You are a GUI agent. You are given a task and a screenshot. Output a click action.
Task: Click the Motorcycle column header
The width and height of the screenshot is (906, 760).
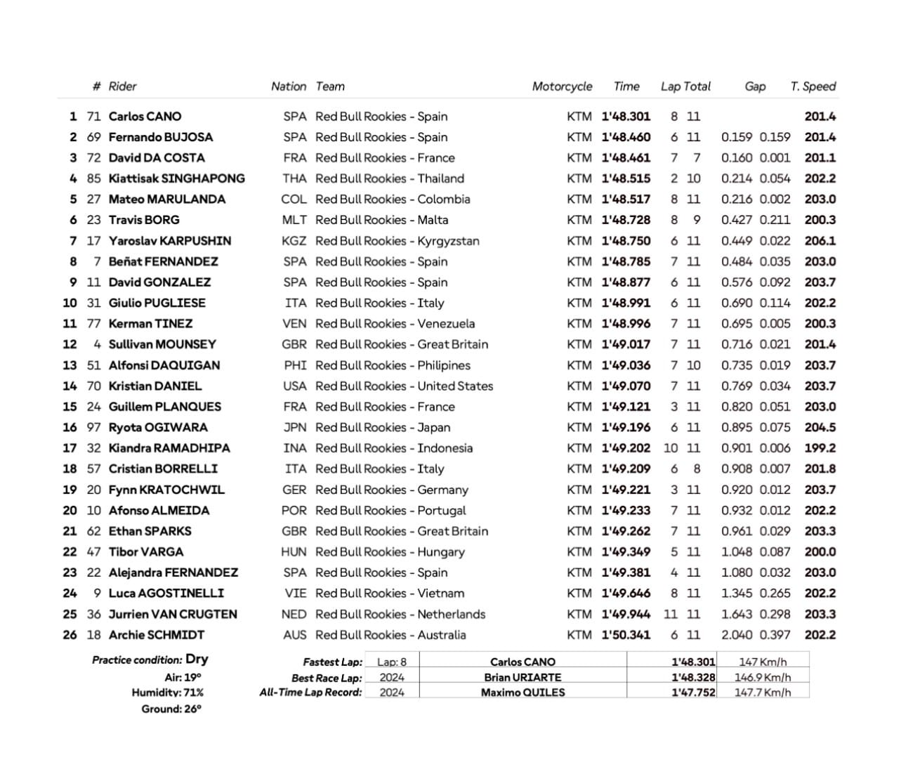coord(562,86)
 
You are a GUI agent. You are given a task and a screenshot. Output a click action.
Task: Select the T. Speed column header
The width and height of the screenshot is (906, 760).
coord(813,86)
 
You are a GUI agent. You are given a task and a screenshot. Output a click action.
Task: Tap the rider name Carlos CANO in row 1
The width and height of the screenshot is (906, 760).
coord(145,117)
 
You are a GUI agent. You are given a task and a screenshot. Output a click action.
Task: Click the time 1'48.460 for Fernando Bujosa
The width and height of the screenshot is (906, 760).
coord(626,137)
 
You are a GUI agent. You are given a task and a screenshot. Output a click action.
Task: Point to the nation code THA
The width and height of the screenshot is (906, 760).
coord(294,178)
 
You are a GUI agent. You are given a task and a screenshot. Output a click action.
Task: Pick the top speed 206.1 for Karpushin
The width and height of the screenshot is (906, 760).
coord(820,241)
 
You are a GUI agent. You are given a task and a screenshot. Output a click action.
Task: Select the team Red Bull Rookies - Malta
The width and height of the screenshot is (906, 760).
coord(381,220)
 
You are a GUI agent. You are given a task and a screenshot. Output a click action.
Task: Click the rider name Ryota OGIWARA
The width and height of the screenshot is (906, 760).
coord(158,427)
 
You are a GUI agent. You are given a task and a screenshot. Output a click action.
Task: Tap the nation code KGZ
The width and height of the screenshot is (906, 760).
coord(294,241)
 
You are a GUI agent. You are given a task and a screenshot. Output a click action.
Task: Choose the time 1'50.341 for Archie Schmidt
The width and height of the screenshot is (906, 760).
coord(626,635)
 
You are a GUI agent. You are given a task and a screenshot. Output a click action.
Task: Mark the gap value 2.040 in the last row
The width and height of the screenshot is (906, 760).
coord(736,635)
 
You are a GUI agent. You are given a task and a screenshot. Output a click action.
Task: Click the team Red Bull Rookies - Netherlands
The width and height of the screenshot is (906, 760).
coord(400,614)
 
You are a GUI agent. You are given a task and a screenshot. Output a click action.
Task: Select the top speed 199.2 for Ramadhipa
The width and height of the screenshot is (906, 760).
coord(820,448)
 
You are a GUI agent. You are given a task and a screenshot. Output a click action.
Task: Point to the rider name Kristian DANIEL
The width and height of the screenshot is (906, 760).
coord(155,386)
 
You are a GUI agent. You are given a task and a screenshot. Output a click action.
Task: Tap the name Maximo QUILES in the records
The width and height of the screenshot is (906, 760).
coord(523,693)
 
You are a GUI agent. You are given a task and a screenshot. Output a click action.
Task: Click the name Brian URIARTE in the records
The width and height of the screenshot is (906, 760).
coord(523,678)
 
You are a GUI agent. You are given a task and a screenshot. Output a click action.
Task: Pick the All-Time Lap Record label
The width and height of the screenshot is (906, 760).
coord(310,693)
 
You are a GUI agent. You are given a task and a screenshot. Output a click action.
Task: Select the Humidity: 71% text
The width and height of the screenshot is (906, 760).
coord(167,693)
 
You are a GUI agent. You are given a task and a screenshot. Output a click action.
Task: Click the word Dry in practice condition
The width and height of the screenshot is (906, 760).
coord(197,660)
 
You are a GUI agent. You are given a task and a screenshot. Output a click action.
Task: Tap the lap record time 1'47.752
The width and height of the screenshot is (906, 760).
coord(693,693)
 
